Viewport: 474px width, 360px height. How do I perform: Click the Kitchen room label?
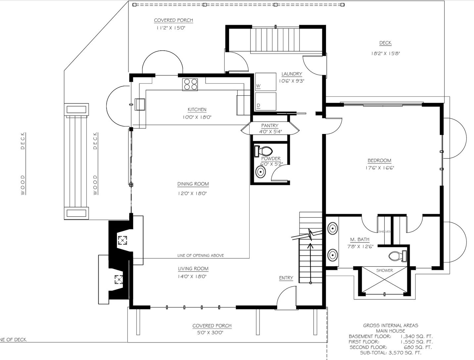[197, 110]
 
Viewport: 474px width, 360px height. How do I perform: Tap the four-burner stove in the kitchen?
[190, 84]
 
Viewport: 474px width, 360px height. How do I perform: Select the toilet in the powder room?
[263, 151]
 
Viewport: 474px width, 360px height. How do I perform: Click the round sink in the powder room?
[261, 172]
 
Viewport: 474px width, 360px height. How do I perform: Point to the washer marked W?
[265, 82]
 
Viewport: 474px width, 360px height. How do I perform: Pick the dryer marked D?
[265, 102]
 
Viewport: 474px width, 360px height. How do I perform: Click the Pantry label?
[270, 126]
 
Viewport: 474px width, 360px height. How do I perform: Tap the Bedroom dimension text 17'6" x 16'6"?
[380, 168]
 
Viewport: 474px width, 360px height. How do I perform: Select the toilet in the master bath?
[398, 256]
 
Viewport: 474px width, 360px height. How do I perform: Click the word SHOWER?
[385, 270]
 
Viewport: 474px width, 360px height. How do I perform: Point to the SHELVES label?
[385, 232]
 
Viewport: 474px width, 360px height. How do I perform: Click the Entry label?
[286, 278]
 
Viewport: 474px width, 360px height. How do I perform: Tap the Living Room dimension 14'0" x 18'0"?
[192, 277]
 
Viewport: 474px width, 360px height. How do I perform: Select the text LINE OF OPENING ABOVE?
[201, 255]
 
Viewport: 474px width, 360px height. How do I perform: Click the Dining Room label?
[193, 184]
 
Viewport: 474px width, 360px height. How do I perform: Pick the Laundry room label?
[292, 74]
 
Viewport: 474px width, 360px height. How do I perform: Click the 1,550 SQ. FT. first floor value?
[416, 342]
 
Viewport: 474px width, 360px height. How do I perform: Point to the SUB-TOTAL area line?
[391, 353]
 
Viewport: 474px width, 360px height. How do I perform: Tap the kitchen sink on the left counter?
[140, 105]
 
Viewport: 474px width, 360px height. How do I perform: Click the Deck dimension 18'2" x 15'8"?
[386, 53]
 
